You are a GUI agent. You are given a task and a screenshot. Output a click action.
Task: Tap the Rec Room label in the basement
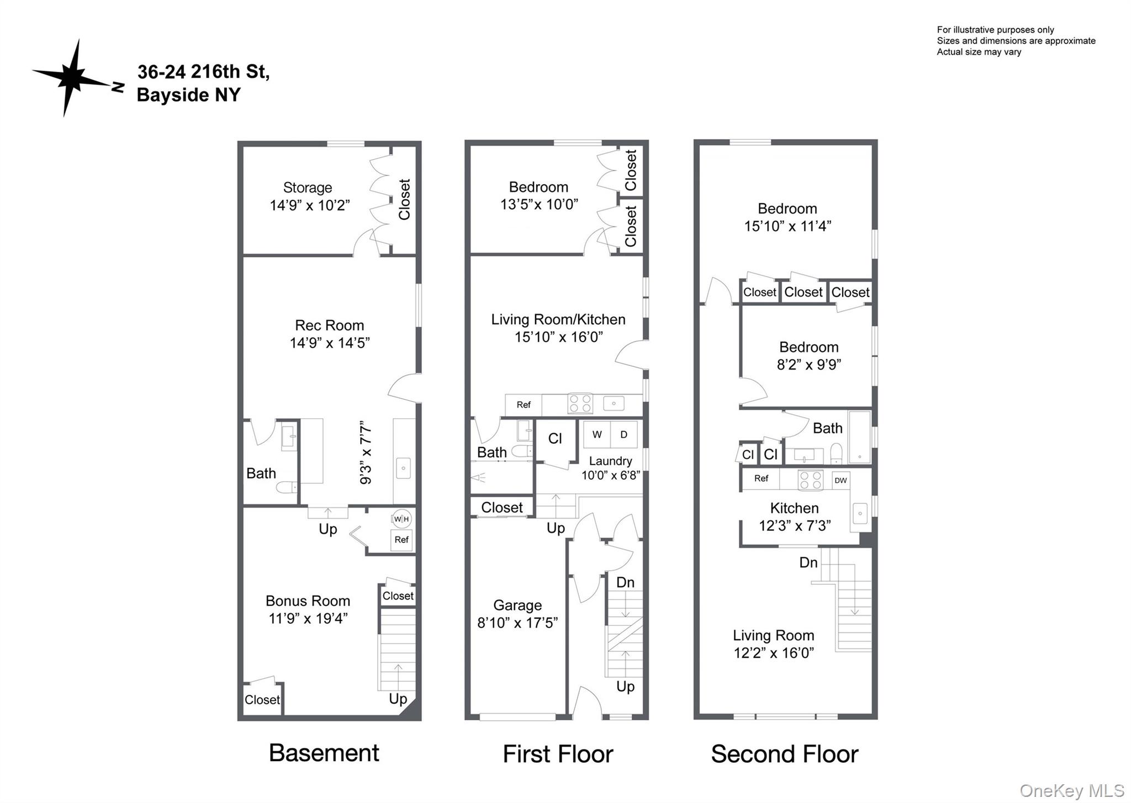(329, 325)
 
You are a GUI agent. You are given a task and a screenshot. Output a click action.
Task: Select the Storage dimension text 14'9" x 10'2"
(309, 205)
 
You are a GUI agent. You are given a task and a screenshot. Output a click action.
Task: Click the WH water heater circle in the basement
(401, 519)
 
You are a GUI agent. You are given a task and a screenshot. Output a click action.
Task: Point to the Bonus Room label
(308, 600)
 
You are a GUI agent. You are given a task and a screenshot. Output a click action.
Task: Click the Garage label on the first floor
(517, 605)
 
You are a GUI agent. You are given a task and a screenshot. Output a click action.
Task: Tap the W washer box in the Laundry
(597, 434)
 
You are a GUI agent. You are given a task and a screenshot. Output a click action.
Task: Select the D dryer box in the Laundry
(623, 434)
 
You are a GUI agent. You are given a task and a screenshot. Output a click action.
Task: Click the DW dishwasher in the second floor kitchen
(841, 480)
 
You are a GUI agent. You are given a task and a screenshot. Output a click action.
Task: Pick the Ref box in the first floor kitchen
(524, 405)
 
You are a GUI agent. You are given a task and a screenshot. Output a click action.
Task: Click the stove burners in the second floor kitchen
(810, 480)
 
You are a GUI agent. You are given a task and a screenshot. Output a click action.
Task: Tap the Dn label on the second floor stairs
(808, 562)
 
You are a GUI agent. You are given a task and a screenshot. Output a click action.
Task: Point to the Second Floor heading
(784, 754)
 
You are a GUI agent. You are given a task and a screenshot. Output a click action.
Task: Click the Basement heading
(324, 753)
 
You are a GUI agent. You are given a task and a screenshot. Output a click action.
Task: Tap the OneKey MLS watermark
(1071, 790)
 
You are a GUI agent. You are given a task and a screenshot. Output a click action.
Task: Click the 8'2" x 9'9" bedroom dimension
(808, 364)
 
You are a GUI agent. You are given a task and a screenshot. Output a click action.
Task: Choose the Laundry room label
(610, 461)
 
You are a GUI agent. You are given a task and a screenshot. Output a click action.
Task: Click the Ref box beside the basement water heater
(401, 540)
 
